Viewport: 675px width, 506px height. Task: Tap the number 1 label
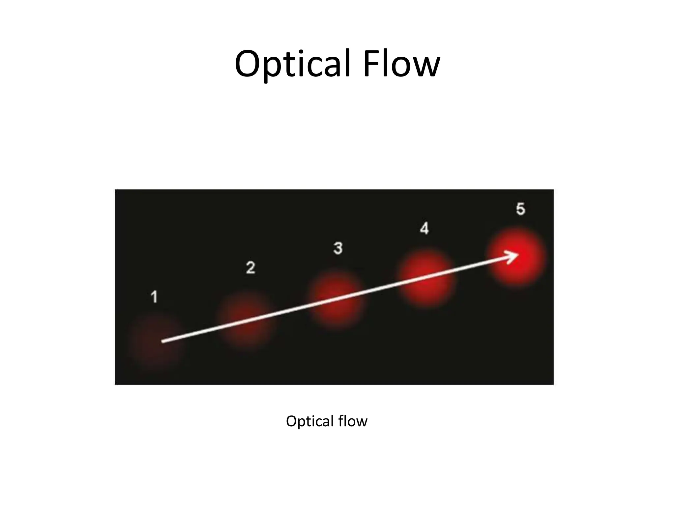point(154,297)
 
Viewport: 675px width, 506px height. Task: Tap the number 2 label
point(250,267)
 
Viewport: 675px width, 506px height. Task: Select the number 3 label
point(338,248)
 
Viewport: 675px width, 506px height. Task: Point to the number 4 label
point(424,228)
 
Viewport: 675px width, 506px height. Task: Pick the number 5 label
point(520,209)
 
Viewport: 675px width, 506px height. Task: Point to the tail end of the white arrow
point(163,342)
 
